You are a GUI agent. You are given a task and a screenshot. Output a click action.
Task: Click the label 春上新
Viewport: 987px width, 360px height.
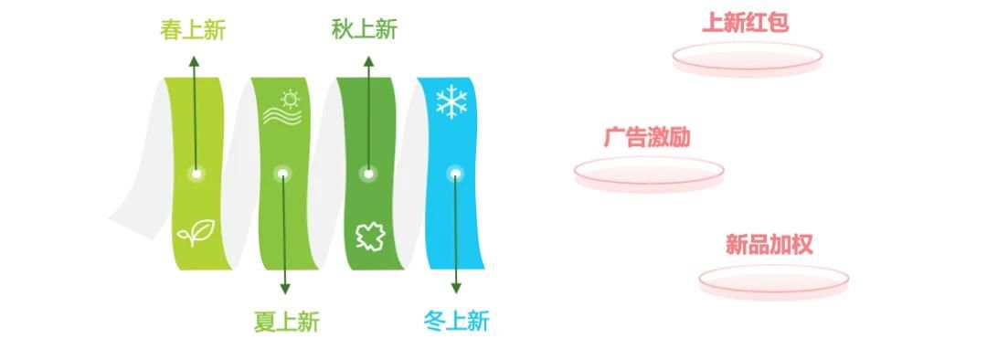193,30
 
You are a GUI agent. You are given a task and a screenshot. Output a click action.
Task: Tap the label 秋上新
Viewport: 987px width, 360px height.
365,30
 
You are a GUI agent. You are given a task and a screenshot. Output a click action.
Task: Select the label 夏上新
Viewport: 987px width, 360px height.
286,322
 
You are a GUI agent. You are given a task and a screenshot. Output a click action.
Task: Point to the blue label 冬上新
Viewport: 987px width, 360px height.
457,322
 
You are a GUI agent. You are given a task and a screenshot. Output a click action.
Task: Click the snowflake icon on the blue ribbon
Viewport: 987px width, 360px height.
451,102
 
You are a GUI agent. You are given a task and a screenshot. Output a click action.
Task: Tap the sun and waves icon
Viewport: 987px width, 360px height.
282,107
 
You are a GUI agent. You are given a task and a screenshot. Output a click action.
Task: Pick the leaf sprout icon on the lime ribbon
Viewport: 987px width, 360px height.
197,234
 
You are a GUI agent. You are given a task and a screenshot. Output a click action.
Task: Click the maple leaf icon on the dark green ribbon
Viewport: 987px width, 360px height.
370,237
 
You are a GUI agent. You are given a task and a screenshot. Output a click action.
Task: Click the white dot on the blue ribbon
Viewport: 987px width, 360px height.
454,174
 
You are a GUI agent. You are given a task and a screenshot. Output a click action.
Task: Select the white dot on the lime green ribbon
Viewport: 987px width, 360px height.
196,174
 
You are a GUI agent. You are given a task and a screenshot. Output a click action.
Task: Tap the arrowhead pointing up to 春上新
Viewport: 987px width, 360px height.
194,61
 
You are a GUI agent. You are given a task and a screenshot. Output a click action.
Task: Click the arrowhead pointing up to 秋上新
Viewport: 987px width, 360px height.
368,61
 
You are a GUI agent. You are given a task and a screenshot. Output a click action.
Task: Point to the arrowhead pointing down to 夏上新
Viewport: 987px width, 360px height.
285,289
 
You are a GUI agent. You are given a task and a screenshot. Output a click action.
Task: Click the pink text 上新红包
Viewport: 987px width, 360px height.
745,23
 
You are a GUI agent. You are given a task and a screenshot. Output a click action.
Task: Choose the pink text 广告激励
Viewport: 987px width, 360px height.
647,138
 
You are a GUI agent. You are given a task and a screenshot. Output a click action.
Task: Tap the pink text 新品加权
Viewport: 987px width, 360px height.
769,245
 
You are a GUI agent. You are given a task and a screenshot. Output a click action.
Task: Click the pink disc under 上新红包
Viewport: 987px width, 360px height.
748,59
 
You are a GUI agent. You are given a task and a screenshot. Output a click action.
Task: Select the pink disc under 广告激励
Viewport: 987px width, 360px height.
649,173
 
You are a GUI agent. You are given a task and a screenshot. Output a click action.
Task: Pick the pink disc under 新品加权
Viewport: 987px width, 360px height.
773,281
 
